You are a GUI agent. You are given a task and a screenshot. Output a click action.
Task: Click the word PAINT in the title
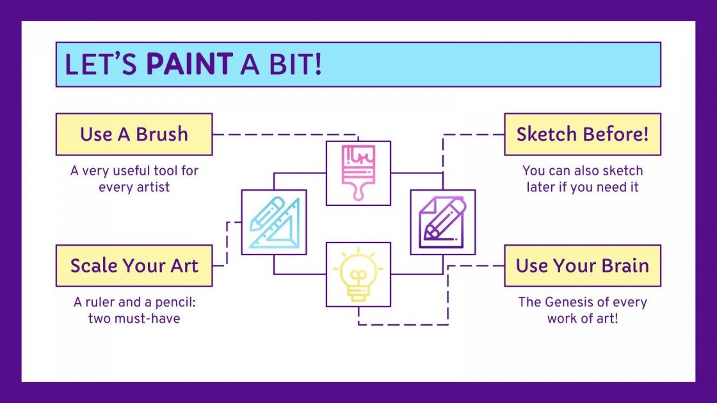tap(189, 65)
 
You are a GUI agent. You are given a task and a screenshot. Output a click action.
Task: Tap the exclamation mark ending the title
tap(316, 65)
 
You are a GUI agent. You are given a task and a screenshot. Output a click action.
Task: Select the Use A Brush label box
tap(134, 134)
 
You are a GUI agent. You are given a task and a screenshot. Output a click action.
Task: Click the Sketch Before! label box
tap(582, 134)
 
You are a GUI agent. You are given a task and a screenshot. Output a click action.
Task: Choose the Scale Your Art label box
tap(134, 265)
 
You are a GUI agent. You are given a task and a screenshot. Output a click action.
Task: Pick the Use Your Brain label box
tap(582, 265)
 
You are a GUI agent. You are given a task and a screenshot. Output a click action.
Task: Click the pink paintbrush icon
tap(358, 173)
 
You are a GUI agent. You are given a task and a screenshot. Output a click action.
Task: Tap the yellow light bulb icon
tap(358, 274)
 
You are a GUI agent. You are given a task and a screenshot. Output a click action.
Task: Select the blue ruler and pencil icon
tap(274, 223)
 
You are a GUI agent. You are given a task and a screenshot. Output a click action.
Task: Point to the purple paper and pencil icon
tap(442, 222)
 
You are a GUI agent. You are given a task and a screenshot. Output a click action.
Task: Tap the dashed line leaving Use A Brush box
tap(282, 135)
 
